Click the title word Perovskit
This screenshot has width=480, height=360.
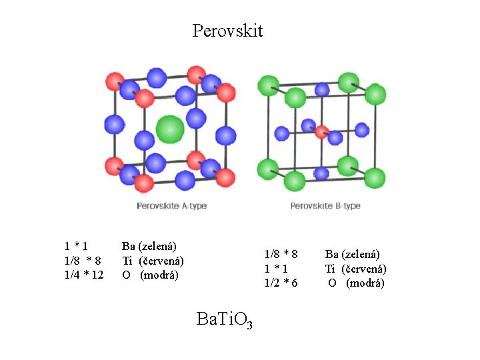227,31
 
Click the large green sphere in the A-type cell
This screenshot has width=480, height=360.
169,129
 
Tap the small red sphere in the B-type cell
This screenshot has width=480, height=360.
321,131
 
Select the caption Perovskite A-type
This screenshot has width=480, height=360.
171,205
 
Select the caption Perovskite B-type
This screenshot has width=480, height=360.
325,205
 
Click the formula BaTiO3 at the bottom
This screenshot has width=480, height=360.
225,320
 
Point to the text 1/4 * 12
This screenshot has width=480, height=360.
84,275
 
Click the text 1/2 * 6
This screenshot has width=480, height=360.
281,283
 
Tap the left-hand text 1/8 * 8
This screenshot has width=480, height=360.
83,261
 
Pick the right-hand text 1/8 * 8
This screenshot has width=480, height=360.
281,254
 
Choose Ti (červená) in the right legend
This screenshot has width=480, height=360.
355,269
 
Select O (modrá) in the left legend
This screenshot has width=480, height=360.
150,275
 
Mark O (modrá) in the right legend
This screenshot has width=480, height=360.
356,283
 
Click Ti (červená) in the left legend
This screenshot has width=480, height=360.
153,261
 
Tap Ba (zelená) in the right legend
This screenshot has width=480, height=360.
352,254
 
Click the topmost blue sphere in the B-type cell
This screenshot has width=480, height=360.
322,89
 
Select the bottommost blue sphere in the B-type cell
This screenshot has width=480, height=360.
321,173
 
